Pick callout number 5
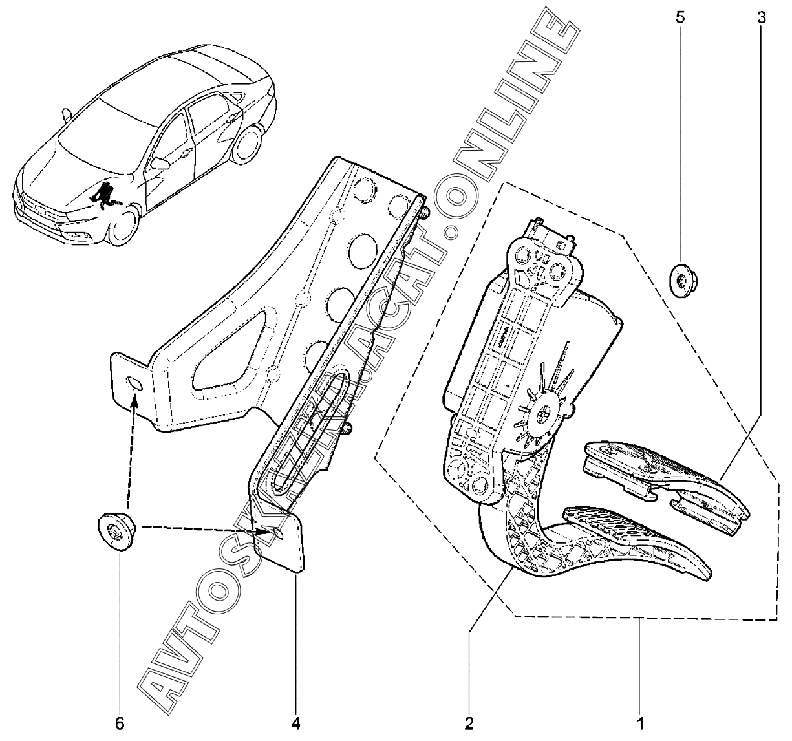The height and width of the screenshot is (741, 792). (x=680, y=17)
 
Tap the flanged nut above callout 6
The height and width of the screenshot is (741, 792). (x=115, y=530)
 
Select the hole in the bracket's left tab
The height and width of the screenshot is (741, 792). (x=136, y=385)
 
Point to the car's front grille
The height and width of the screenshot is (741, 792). (x=39, y=207)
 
